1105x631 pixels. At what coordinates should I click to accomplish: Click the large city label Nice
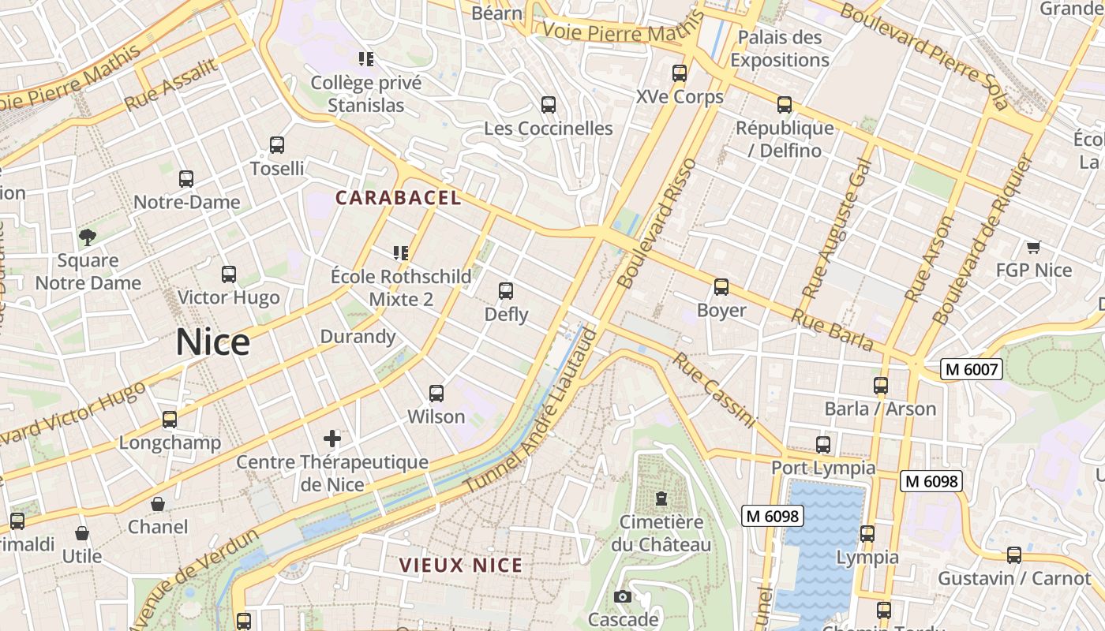(x=212, y=342)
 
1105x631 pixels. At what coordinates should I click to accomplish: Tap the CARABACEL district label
(x=399, y=198)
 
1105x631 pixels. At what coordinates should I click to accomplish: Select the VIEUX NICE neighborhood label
(x=461, y=566)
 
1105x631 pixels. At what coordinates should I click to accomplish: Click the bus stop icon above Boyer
(x=721, y=287)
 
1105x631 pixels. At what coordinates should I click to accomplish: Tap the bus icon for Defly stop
(x=506, y=291)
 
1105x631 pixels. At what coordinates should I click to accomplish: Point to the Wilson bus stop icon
(x=436, y=393)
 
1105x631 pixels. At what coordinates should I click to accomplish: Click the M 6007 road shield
(x=972, y=368)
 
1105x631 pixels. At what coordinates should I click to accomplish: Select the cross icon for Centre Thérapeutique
(x=332, y=438)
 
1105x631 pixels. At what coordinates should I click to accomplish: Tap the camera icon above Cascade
(x=623, y=596)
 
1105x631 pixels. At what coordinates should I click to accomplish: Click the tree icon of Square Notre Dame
(x=88, y=237)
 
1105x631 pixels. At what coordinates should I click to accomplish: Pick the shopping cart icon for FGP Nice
(x=1033, y=247)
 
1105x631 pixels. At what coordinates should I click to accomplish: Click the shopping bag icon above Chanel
(x=158, y=503)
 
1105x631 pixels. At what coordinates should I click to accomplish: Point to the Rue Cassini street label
(x=714, y=391)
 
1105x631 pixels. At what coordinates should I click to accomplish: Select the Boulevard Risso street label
(x=657, y=223)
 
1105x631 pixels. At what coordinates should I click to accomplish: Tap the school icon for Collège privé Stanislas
(x=365, y=58)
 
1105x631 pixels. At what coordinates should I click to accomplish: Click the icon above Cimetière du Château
(x=661, y=498)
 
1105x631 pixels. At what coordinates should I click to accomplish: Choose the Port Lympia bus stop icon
(x=823, y=444)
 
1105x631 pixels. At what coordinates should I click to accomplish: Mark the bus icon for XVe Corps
(x=679, y=73)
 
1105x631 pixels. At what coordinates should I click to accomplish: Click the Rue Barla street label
(x=832, y=330)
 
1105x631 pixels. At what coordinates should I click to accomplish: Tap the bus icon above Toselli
(x=276, y=145)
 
